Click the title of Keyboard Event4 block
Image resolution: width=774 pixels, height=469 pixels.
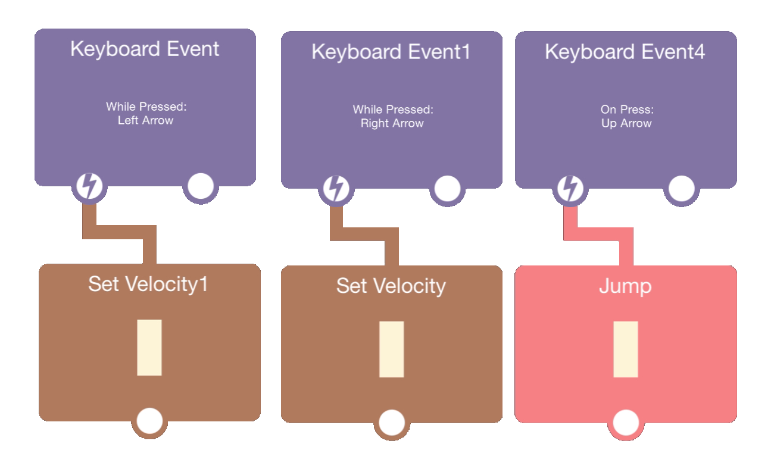(625, 52)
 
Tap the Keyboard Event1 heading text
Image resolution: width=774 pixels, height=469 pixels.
(391, 52)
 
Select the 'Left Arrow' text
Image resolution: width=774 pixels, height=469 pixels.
(145, 120)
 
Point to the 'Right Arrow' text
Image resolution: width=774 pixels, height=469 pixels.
(392, 123)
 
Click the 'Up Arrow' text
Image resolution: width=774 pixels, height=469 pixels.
(626, 123)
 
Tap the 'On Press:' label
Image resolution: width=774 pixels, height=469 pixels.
(626, 110)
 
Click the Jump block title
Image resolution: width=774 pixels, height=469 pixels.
(625, 286)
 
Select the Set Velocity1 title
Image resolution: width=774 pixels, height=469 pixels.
(148, 284)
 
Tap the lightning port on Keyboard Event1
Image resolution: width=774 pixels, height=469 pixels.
(336, 189)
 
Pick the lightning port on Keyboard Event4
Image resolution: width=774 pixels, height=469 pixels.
(570, 189)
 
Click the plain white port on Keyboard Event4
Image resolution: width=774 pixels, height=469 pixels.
(681, 189)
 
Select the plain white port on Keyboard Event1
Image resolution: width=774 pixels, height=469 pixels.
(447, 189)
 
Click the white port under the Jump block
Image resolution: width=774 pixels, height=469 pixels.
(625, 422)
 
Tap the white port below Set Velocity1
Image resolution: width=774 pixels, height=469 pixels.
(149, 420)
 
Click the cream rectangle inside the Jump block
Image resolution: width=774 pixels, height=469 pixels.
(625, 349)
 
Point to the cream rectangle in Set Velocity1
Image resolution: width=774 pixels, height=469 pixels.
(149, 348)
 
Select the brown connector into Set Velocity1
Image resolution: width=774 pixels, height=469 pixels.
(119, 232)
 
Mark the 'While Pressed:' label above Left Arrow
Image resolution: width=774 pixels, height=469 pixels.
(145, 107)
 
